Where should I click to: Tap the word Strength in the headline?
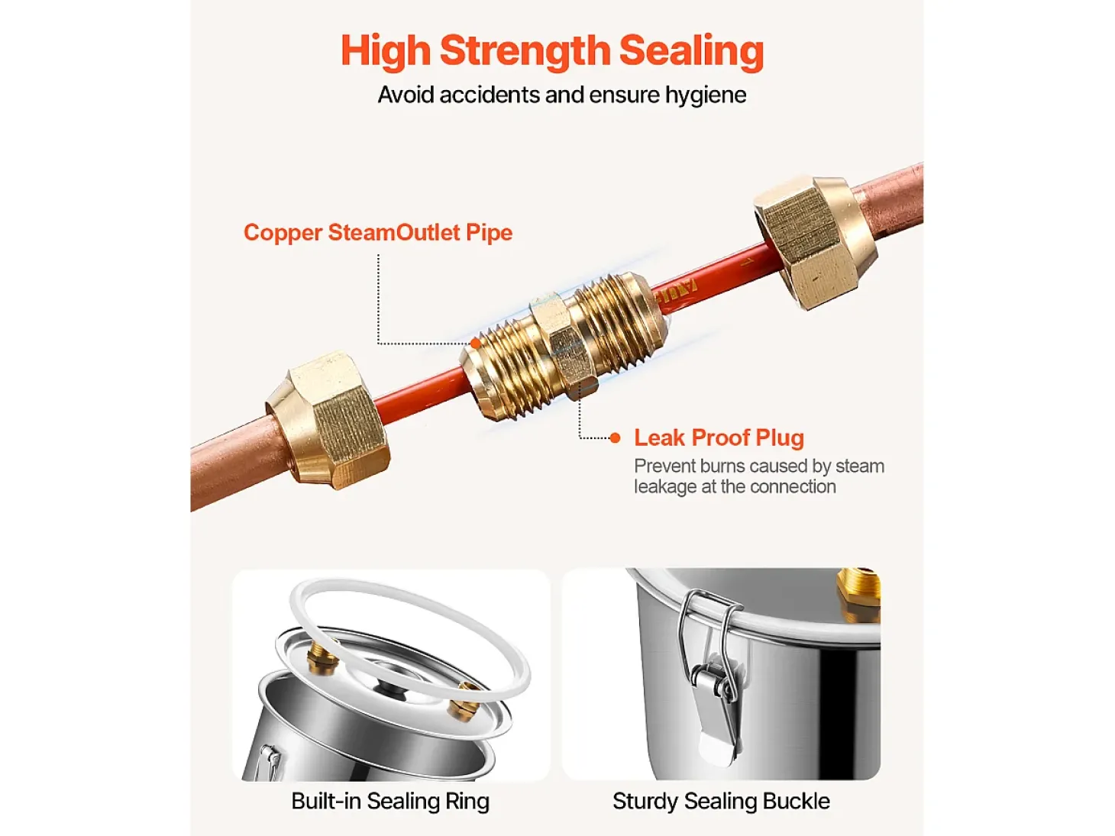click(525, 50)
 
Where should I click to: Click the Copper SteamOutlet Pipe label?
click(378, 232)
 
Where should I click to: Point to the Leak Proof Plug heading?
click(719, 437)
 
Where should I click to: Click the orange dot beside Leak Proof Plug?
click(615, 438)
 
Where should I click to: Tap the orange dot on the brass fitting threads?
click(476, 344)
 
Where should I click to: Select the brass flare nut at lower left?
click(328, 421)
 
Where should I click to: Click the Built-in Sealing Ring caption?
click(390, 802)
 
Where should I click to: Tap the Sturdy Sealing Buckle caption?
click(721, 802)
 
